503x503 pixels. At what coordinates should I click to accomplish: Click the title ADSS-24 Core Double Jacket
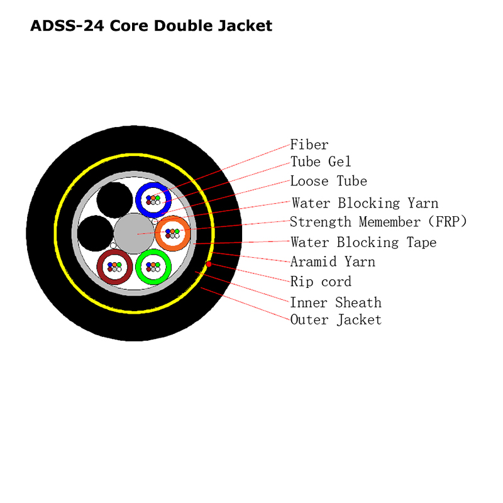pyautogui.click(x=151, y=26)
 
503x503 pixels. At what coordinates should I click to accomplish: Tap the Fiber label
pyautogui.click(x=309, y=145)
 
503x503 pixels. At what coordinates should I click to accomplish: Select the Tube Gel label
pyautogui.click(x=321, y=162)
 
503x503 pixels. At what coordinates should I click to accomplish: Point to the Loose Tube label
pyautogui.click(x=328, y=181)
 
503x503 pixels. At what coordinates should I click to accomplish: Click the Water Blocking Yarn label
pyautogui.click(x=365, y=203)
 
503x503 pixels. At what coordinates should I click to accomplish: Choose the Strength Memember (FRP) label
pyautogui.click(x=379, y=222)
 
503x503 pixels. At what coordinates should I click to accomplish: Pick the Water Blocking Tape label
pyautogui.click(x=363, y=243)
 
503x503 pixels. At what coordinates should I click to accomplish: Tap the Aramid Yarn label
pyautogui.click(x=333, y=262)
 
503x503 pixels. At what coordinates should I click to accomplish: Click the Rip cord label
pyautogui.click(x=321, y=282)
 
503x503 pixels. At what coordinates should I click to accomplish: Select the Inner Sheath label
pyautogui.click(x=336, y=302)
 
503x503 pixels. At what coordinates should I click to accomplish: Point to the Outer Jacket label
pyautogui.click(x=336, y=320)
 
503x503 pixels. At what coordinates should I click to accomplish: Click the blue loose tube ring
pyautogui.click(x=153, y=200)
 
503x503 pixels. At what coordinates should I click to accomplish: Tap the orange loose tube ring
pyautogui.click(x=172, y=233)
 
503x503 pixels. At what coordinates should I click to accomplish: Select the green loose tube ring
pyautogui.click(x=153, y=267)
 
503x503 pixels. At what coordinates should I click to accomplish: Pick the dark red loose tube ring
pyautogui.click(x=114, y=267)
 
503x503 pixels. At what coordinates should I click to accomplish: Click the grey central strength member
pyautogui.click(x=134, y=233)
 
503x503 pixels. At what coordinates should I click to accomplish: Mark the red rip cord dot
pyautogui.click(x=209, y=264)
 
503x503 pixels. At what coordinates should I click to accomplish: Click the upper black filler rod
pyautogui.click(x=114, y=200)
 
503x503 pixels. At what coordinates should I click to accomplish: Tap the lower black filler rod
pyautogui.click(x=96, y=233)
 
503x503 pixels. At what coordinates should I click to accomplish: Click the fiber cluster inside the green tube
pyautogui.click(x=153, y=267)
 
